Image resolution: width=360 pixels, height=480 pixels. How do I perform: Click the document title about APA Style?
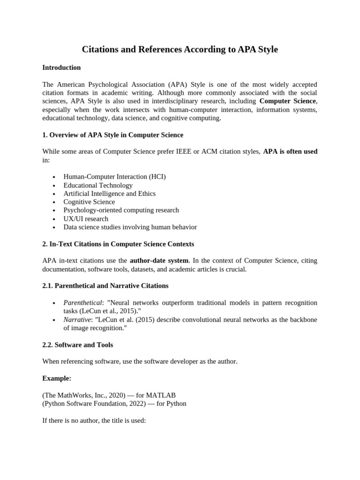pos(180,49)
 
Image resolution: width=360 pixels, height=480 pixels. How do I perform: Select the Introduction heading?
pos(61,67)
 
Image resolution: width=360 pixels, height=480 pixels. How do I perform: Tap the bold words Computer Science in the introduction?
pos(288,101)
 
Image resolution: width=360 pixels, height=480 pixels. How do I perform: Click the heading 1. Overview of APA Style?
pos(112,135)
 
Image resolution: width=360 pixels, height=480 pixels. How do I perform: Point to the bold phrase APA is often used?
pos(290,151)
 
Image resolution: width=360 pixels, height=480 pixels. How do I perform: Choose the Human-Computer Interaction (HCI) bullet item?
pos(114,177)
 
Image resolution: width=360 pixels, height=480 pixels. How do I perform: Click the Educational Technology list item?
pos(98,185)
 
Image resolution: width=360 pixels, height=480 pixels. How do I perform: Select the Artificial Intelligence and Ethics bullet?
pos(109,194)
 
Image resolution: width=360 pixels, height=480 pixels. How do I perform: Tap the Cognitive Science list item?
pos(89,202)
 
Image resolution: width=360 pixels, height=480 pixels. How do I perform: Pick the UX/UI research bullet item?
pos(86,219)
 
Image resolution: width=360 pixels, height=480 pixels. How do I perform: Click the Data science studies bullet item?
pos(130,227)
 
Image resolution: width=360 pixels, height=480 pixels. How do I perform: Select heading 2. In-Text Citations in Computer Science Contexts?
pos(118,244)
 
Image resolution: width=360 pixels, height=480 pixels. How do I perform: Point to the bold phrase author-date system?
pos(159,261)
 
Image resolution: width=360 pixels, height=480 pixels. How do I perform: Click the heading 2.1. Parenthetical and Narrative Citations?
pos(105,285)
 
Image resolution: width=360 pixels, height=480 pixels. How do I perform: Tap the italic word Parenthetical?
pos(82,303)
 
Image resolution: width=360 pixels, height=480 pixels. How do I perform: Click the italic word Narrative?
pos(77,320)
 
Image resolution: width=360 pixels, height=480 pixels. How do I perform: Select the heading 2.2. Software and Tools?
pos(77,345)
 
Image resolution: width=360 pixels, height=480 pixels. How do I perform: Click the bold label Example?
pos(57,378)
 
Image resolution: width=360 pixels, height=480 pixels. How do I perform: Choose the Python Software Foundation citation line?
pos(114,404)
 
